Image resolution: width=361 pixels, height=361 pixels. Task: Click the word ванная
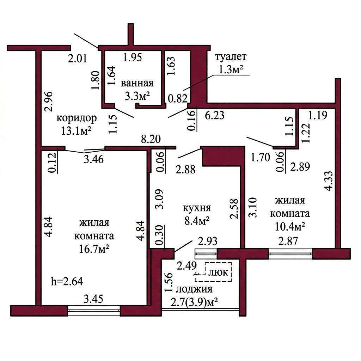137,83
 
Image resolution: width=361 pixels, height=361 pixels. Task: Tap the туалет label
231,57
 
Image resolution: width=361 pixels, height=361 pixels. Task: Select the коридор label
77,119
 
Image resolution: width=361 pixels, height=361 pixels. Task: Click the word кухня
197,208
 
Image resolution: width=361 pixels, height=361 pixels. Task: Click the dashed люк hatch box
213,272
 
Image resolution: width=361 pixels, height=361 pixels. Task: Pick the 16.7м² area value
94,249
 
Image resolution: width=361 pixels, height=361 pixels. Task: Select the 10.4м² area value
290,227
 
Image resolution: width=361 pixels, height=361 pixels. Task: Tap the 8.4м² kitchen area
197,221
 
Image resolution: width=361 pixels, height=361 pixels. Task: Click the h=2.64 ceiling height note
67,282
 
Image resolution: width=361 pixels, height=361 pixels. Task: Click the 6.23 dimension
214,115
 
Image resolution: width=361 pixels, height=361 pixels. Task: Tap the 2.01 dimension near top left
78,59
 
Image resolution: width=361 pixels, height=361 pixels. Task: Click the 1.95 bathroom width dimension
133,57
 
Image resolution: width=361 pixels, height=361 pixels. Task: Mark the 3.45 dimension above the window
93,299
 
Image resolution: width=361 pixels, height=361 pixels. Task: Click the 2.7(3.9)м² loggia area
195,302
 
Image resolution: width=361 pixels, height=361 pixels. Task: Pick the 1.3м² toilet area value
231,70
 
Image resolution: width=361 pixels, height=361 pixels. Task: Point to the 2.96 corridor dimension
49,102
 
